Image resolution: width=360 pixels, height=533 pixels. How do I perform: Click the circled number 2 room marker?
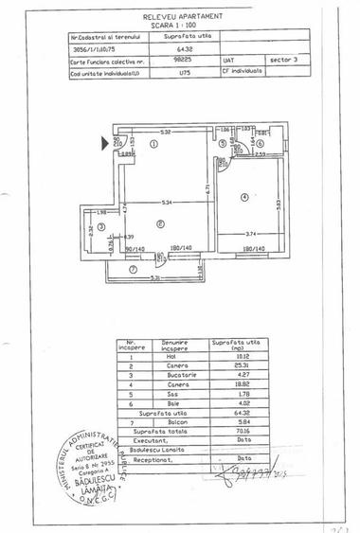tap(162, 222)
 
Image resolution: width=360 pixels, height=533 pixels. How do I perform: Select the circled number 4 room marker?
tap(243, 196)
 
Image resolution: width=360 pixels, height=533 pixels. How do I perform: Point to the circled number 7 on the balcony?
tap(133, 270)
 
